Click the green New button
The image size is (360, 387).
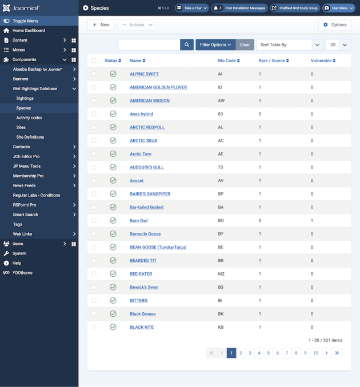(x=101, y=25)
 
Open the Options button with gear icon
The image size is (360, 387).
(x=334, y=25)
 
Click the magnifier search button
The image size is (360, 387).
(x=187, y=45)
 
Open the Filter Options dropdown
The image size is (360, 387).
(x=215, y=45)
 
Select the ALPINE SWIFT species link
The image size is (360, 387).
(x=144, y=74)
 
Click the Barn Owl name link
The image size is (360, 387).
(x=138, y=220)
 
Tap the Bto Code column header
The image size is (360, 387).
(x=229, y=61)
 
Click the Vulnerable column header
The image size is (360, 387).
(x=323, y=61)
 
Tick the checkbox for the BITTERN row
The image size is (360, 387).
(x=94, y=300)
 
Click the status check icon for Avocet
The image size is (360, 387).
(x=113, y=180)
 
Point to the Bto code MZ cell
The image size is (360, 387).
(x=221, y=274)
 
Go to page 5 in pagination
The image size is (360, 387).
(x=269, y=353)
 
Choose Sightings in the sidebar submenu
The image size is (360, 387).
(x=25, y=98)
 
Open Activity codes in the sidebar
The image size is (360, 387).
(x=29, y=118)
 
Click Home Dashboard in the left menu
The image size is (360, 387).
(x=29, y=30)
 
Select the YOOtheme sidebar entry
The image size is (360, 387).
(x=22, y=273)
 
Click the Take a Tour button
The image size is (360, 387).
(x=191, y=8)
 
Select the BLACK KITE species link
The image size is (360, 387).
(x=142, y=327)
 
